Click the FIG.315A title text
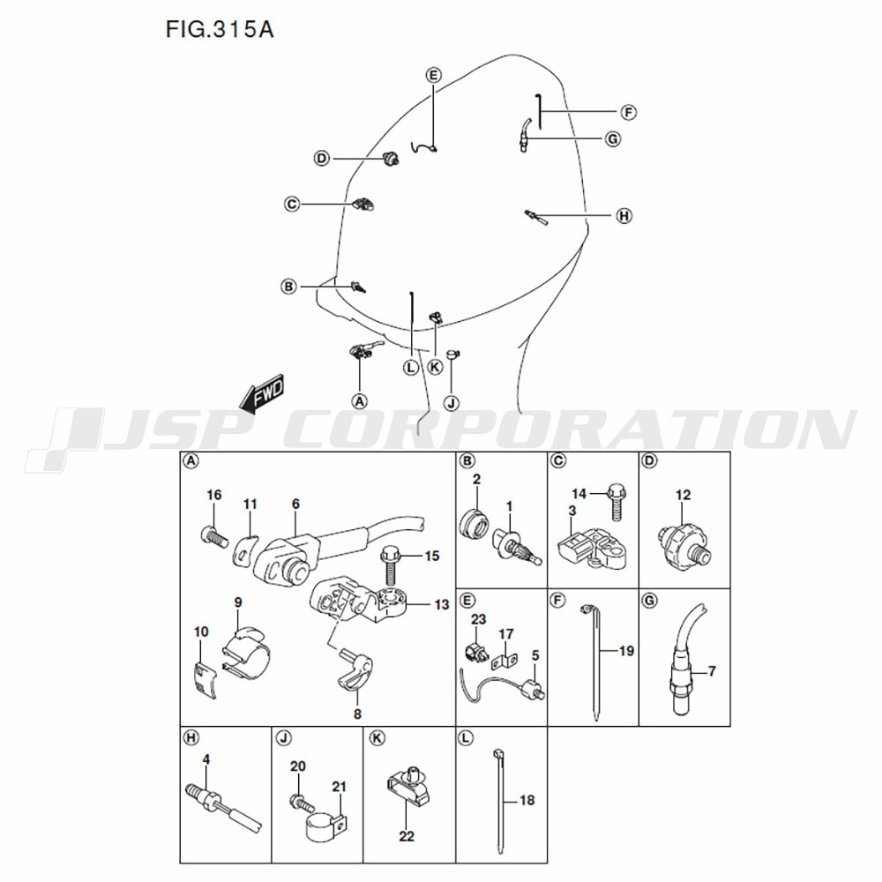(220, 30)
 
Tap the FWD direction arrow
(262, 394)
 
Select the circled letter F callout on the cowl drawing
(628, 113)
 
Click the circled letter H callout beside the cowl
(624, 215)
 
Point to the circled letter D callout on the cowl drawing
(321, 159)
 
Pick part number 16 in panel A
(213, 495)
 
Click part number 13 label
(442, 604)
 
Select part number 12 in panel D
(683, 495)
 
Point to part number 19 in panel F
(626, 651)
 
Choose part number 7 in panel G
(712, 671)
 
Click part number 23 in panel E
(478, 619)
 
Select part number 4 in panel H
(206, 759)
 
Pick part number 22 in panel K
(406, 836)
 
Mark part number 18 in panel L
(527, 800)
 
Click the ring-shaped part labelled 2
(474, 523)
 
